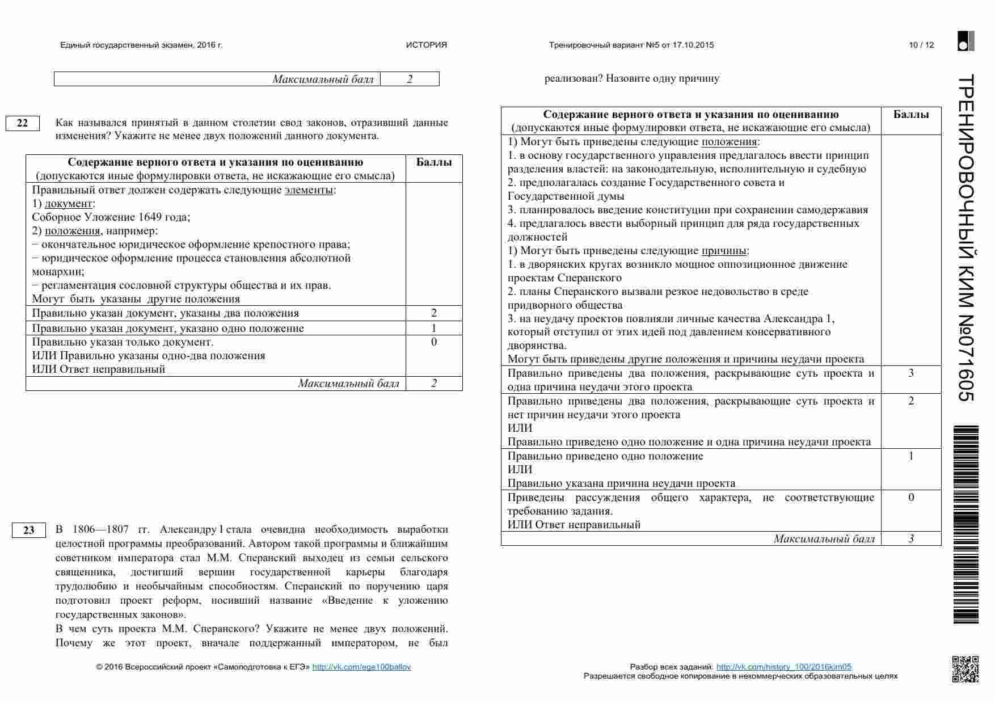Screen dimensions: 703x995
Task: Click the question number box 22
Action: [22, 123]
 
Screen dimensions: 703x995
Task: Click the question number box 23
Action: [28, 531]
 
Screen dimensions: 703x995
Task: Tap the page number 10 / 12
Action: [921, 45]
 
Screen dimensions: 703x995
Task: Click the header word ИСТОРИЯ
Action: [426, 45]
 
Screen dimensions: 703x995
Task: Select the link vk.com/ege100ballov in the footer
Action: [361, 667]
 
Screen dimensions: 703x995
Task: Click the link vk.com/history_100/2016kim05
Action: [783, 667]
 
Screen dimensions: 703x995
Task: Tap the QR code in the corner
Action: [965, 669]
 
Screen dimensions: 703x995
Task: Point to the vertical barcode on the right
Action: [966, 524]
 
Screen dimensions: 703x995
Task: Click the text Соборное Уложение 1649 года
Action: [111, 217]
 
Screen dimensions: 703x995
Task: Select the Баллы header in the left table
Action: [434, 162]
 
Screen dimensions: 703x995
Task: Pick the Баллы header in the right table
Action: [911, 115]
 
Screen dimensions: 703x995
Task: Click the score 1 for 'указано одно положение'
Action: [434, 328]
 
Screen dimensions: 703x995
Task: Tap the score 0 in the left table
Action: [434, 342]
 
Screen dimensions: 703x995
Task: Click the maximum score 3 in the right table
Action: [911, 539]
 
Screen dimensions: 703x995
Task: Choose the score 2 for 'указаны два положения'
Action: [434, 313]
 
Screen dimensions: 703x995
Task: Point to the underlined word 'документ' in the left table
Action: [68, 204]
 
